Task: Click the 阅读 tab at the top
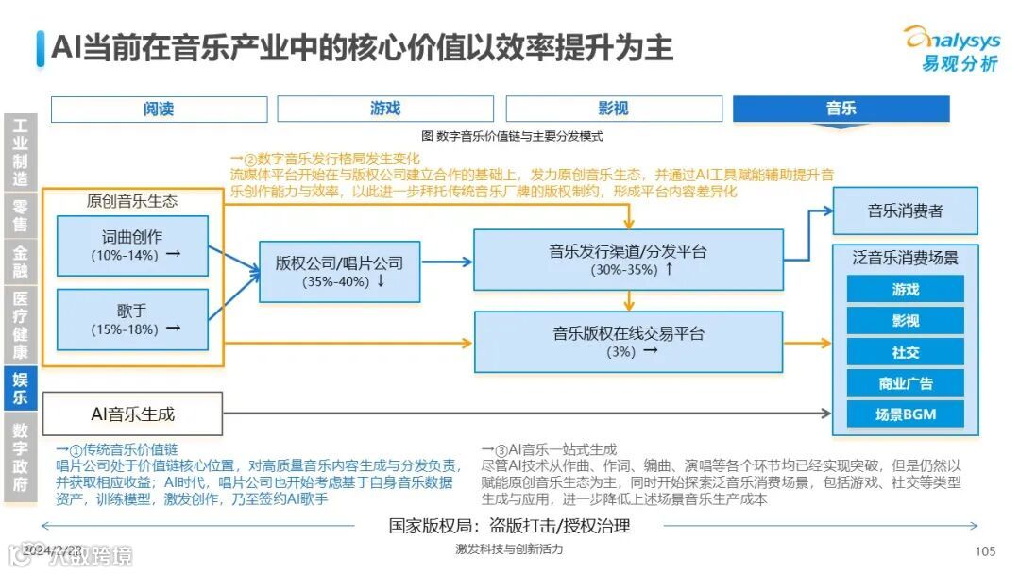159,110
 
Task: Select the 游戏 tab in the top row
385,110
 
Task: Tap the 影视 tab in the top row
613,110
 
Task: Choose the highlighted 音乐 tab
841,110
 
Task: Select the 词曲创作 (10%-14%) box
131,245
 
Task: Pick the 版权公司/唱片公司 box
339,271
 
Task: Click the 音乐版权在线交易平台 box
628,341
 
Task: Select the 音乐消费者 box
905,211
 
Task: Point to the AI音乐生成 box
132,414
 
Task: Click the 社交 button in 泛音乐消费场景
905,352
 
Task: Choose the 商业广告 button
905,383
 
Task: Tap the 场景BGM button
905,414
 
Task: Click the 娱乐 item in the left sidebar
20,387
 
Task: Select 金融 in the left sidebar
20,262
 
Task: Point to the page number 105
985,551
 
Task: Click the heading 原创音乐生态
131,201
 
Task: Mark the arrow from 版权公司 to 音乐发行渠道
447,262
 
